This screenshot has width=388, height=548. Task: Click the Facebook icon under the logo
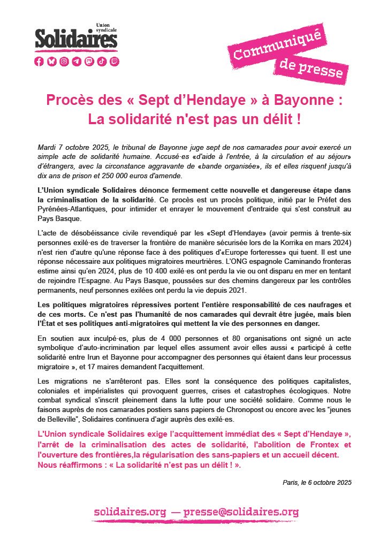coord(39,62)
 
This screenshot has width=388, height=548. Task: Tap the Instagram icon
coord(64,62)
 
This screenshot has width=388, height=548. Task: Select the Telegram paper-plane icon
coord(77,62)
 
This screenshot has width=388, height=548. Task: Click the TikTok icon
coord(102,62)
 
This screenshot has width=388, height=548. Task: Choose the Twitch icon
coord(115,62)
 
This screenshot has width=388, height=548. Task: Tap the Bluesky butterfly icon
coord(52,62)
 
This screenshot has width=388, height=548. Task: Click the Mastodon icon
coord(89,62)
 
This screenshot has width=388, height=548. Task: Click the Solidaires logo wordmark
coord(75,39)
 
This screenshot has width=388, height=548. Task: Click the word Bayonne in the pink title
coord(297,100)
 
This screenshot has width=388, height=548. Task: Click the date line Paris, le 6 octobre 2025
coord(317,482)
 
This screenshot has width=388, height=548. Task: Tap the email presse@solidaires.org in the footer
coord(241,512)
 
